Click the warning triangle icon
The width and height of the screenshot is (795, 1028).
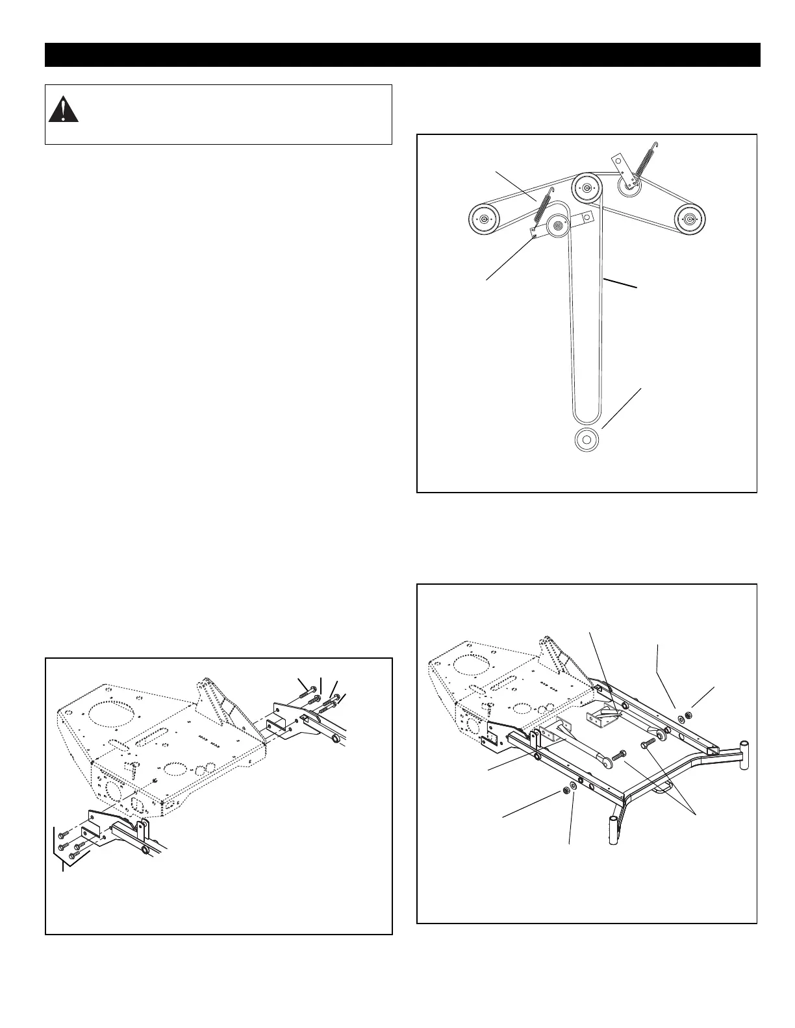click(63, 110)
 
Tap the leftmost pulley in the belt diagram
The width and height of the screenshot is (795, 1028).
click(483, 219)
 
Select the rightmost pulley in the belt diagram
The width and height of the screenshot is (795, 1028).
click(689, 219)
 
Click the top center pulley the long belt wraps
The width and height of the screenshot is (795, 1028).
click(587, 189)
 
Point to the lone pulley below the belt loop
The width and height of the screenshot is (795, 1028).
click(586, 439)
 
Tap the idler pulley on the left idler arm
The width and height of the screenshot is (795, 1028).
click(558, 226)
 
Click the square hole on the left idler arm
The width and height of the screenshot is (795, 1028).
click(585, 217)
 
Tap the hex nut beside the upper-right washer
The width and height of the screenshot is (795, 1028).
click(689, 715)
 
